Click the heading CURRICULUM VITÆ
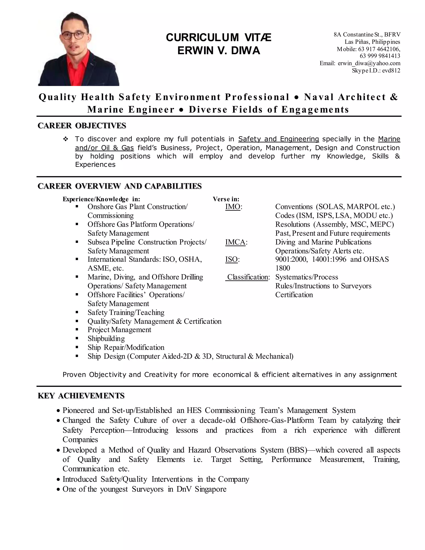pos(219,38)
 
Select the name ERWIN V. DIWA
pos(219,51)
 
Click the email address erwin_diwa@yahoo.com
pos(369,63)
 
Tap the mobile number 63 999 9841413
pos(380,56)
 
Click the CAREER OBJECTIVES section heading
pos(82,126)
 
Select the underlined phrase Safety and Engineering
pos(278,139)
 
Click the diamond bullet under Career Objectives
pos(65,139)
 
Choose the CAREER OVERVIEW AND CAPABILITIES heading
pos(120,186)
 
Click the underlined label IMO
pos(233,207)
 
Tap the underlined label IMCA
pos(235,242)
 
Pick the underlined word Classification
pos(248,277)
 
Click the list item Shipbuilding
pos(106,339)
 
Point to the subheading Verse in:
pos(226,199)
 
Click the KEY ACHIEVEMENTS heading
pos(81,396)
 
